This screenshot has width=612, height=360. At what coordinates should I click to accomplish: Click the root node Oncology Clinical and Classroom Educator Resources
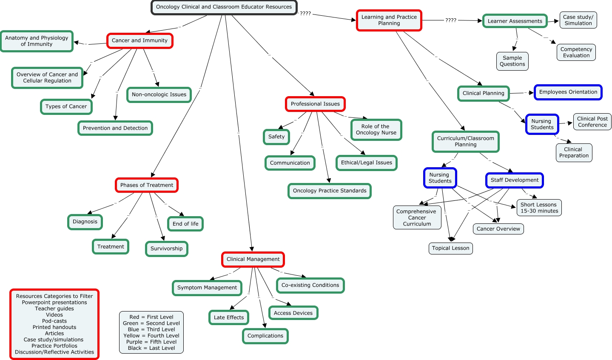click(x=224, y=7)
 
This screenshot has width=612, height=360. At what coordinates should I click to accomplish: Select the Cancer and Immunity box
click(x=139, y=40)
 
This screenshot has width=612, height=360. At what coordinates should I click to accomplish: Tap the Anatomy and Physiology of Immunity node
click(x=37, y=41)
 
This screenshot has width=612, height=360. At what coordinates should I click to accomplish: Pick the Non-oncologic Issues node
click(x=159, y=94)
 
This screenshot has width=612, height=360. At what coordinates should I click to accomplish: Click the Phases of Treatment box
click(x=147, y=185)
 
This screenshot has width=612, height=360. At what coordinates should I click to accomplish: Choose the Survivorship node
click(x=166, y=249)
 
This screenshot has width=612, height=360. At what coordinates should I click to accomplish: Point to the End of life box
click(x=185, y=223)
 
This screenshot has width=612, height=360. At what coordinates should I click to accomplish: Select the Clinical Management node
click(x=253, y=259)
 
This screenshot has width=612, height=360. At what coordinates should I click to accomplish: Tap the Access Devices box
click(x=293, y=313)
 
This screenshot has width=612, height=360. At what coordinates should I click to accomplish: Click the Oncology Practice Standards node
click(x=330, y=191)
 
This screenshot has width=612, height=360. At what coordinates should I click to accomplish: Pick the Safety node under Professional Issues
click(x=276, y=137)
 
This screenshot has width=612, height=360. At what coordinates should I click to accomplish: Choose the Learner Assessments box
click(x=515, y=21)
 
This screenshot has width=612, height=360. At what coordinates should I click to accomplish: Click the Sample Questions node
click(x=512, y=61)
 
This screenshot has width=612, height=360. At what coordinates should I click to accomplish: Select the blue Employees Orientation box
click(x=568, y=92)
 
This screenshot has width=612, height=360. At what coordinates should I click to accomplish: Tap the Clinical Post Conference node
click(x=592, y=122)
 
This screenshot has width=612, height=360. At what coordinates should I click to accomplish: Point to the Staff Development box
click(x=515, y=180)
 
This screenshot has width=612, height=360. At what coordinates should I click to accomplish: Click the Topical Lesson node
click(x=450, y=248)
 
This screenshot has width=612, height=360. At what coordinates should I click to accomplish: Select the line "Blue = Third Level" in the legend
click(x=151, y=329)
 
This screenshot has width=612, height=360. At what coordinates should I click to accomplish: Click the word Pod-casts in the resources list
click(x=54, y=321)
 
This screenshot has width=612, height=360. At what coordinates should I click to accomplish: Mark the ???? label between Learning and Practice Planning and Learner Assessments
click(x=451, y=20)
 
